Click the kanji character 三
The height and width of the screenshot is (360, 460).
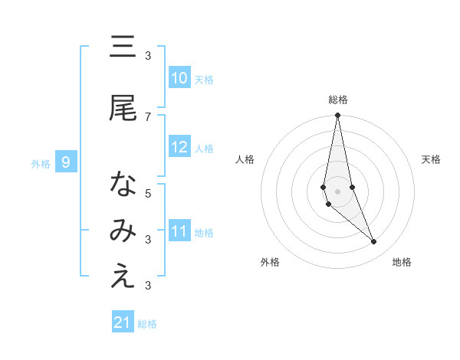tap(123, 47)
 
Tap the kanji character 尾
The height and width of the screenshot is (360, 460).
tap(123, 109)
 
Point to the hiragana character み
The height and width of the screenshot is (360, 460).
tap(123, 231)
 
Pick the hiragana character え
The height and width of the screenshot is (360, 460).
tap(123, 277)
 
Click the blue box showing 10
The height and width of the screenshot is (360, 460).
tap(179, 78)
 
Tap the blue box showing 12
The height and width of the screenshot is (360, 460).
tap(179, 147)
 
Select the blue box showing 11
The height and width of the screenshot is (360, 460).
tap(179, 231)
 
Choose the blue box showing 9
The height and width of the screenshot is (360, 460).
tap(67, 162)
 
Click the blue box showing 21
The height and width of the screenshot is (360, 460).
tap(123, 322)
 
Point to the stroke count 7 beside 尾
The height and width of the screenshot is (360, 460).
tap(148, 116)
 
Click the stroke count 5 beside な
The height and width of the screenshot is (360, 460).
tap(148, 193)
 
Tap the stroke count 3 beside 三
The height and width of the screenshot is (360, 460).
tap(148, 55)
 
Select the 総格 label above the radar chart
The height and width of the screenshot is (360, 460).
tap(338, 100)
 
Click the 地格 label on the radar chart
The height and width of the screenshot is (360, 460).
tap(402, 262)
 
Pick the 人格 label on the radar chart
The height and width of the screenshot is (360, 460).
tap(245, 159)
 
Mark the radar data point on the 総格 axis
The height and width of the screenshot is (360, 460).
tap(338, 115)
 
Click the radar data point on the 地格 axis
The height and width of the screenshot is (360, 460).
tap(374, 242)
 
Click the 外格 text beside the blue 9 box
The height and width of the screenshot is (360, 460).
tap(41, 163)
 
